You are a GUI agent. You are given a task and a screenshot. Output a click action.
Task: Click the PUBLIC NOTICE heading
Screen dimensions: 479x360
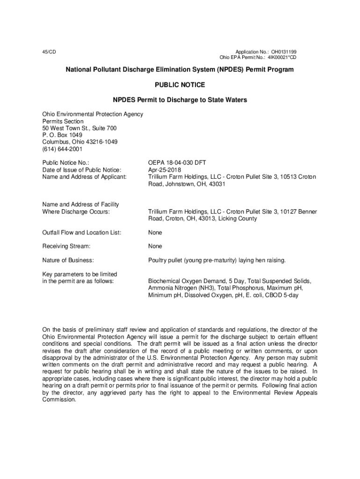click(x=180, y=85)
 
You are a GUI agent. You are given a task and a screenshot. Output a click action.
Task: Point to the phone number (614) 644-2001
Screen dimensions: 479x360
click(x=62, y=149)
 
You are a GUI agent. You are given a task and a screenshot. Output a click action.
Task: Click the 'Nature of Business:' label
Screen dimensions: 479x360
click(x=68, y=260)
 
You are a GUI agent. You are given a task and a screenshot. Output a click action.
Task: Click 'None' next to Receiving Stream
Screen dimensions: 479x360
click(x=155, y=246)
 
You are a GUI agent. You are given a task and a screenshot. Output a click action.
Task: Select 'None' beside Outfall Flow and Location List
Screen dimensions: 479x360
click(x=155, y=232)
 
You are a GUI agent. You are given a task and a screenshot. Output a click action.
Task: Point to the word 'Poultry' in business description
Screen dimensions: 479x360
click(x=158, y=260)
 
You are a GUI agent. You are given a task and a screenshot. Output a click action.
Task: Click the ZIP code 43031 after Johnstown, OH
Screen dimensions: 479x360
click(x=217, y=184)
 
